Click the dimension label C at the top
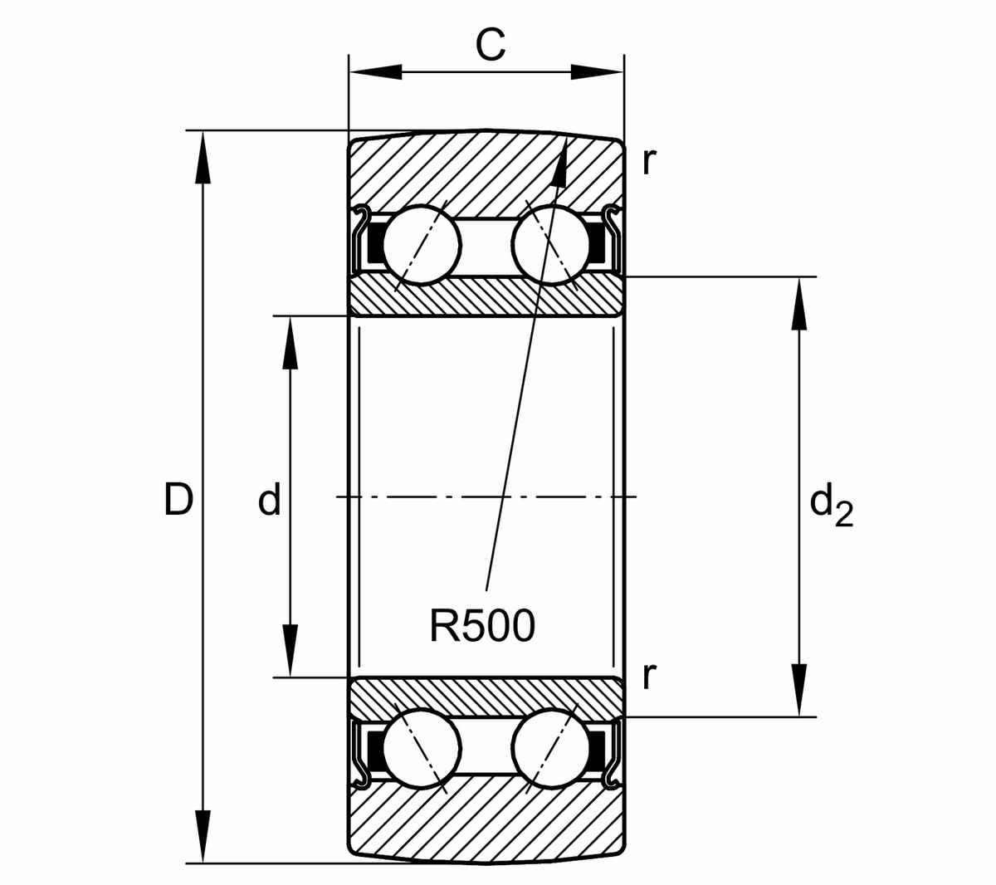pos(490,47)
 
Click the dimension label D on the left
pos(178,500)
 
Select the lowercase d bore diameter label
pos(269,501)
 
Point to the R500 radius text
pos(482,627)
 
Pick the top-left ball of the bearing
pos(421,244)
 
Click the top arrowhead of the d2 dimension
pos(799,303)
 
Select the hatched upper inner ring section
pos(486,296)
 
